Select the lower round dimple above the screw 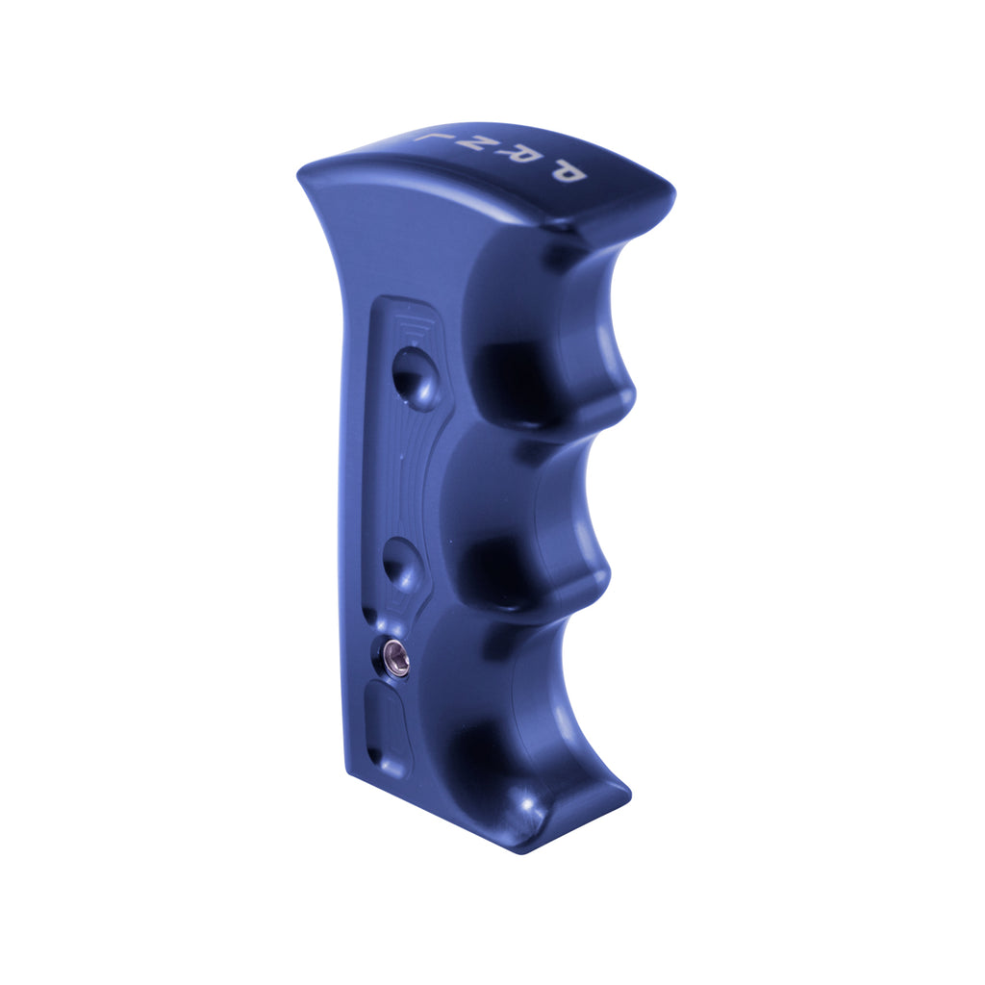point(402,563)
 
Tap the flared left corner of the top point(303,173)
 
